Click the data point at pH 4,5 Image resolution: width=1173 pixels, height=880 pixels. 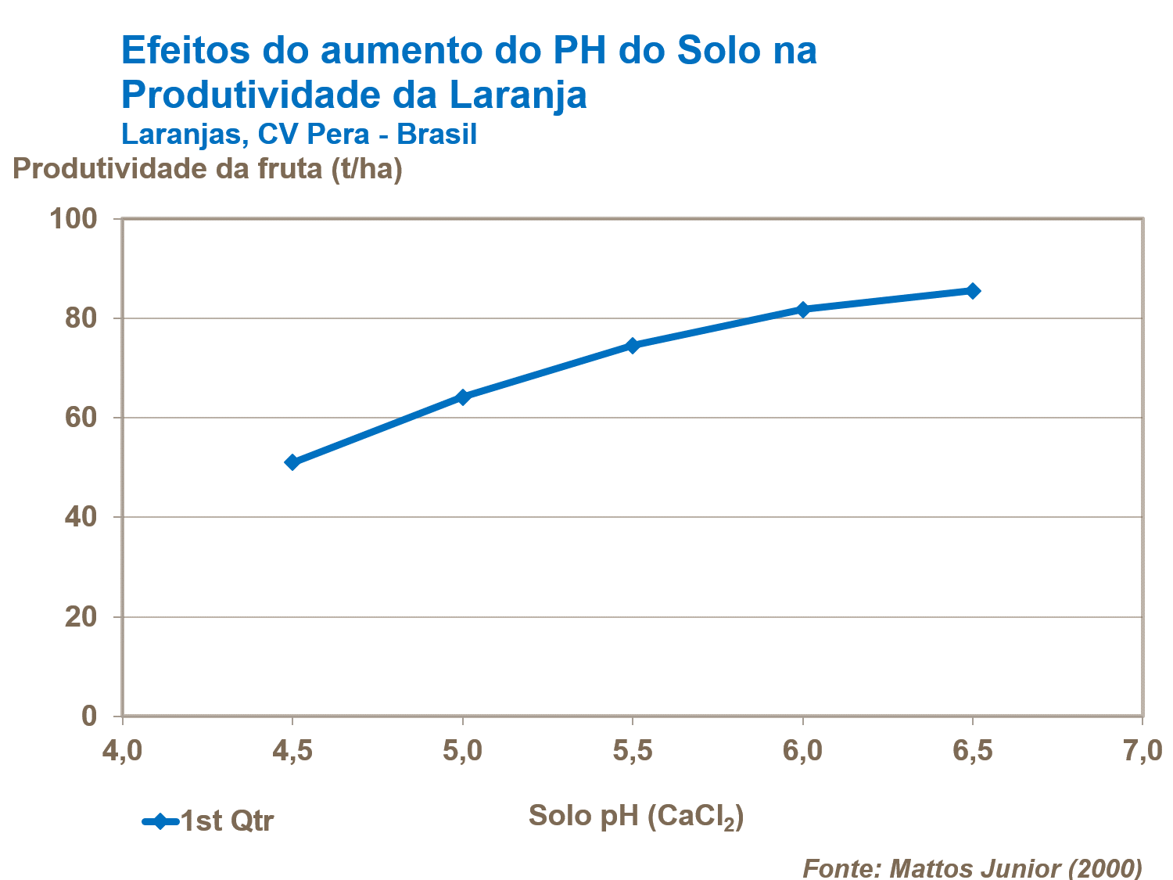click(x=292, y=462)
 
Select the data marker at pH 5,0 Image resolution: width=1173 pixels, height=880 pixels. click(x=462, y=397)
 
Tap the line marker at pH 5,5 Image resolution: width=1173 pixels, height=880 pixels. click(x=633, y=345)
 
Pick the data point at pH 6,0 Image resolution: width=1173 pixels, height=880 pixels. click(x=802, y=309)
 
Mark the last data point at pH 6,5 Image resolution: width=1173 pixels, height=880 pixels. click(x=973, y=291)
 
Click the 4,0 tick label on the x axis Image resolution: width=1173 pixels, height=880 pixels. click(x=122, y=751)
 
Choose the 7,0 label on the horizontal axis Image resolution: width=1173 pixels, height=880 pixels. click(x=1142, y=751)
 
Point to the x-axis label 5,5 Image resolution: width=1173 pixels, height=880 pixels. click(x=633, y=751)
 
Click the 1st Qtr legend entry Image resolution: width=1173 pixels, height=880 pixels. click(x=226, y=821)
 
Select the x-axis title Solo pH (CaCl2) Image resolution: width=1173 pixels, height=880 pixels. click(x=636, y=816)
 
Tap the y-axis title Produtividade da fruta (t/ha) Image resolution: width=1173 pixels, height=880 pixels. click(x=207, y=168)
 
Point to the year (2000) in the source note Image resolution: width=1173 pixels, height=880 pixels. click(x=1105, y=868)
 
